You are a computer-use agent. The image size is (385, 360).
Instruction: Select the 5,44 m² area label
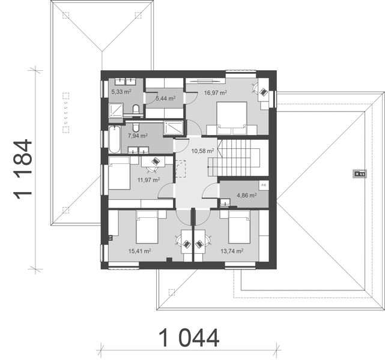pyautogui.click(x=165, y=98)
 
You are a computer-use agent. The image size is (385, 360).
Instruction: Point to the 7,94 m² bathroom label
pyautogui.click(x=137, y=136)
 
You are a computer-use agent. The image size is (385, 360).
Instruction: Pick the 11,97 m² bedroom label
pyautogui.click(x=148, y=179)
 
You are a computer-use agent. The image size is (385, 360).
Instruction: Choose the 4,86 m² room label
pyautogui.click(x=246, y=195)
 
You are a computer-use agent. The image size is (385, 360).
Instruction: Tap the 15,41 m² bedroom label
pyautogui.click(x=138, y=252)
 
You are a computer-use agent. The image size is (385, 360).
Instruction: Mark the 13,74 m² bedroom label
pyautogui.click(x=231, y=252)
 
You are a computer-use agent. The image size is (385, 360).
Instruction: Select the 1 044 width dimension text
pyautogui.click(x=189, y=338)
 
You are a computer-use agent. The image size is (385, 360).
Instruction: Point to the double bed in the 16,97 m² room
pyautogui.click(x=231, y=117)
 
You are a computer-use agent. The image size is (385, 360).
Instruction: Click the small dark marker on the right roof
pyautogui.click(x=360, y=174)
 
